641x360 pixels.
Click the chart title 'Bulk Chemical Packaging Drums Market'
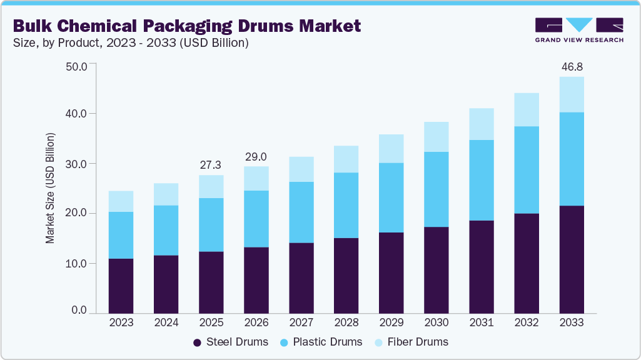pyautogui.click(x=187, y=26)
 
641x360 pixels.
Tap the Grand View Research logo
pyautogui.click(x=579, y=30)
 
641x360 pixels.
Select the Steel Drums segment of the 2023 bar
pyautogui.click(x=121, y=286)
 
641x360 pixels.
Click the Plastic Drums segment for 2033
pyautogui.click(x=572, y=159)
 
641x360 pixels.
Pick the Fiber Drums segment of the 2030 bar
pyautogui.click(x=437, y=137)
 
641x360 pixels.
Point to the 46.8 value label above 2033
pyautogui.click(x=572, y=66)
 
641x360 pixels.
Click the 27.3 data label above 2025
pyautogui.click(x=211, y=164)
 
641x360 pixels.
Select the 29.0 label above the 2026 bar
pyautogui.click(x=256, y=156)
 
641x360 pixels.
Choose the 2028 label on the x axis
pyautogui.click(x=346, y=323)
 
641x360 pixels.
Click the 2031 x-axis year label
pyautogui.click(x=482, y=323)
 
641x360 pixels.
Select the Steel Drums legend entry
pyautogui.click(x=231, y=342)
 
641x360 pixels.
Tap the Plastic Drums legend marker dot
pyautogui.click(x=285, y=342)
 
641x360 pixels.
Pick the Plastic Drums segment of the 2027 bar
pyautogui.click(x=301, y=212)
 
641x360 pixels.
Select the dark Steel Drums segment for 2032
pyautogui.click(x=527, y=263)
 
